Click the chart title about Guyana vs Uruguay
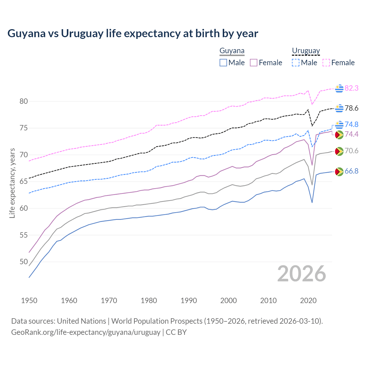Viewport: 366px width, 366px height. pos(133,33)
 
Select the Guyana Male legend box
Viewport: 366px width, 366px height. pos(223,63)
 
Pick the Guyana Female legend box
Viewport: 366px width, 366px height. pos(254,63)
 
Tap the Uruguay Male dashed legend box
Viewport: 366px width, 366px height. pos(296,63)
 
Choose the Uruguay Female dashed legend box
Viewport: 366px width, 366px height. pos(326,63)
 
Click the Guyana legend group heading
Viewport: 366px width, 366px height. pos(232,51)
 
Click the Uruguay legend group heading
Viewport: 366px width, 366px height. pos(306,51)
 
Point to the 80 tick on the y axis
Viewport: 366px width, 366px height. pos(24,101)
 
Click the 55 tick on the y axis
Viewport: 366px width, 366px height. pos(24,235)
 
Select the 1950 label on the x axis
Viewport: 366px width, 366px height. pos(29,301)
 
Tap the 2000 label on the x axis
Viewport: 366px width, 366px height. pos(228,301)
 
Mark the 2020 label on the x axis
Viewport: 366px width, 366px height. pos(308,301)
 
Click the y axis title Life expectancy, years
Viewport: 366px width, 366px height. pos(12,183)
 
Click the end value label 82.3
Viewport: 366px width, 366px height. pos(351,88)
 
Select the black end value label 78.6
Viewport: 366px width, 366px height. pos(351,108)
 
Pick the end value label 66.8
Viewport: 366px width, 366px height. pos(351,171)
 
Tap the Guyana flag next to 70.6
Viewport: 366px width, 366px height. pos(339,151)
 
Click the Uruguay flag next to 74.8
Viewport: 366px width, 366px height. pos(339,125)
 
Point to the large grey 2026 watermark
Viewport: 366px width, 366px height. pos(301,274)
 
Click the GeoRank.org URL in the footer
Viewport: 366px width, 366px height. pos(86,332)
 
